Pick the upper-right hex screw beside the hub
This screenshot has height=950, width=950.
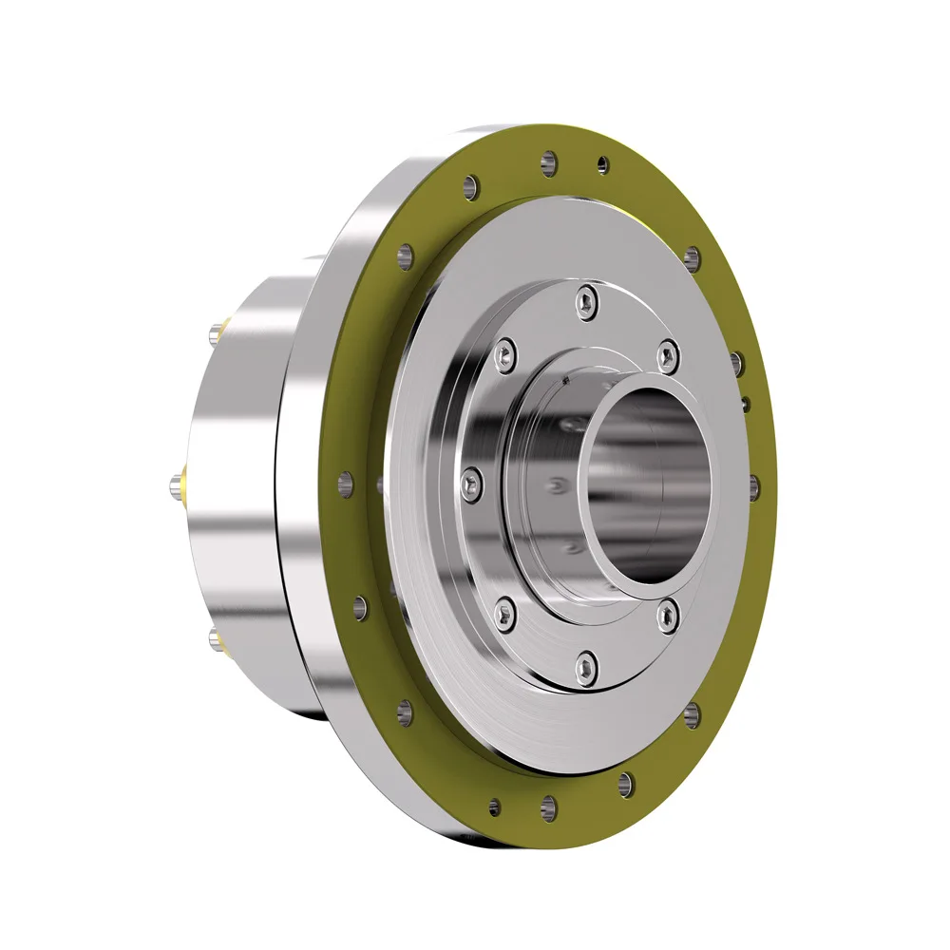tap(669, 356)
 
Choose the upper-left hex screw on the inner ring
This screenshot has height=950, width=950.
tap(504, 352)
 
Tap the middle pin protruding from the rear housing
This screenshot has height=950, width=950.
tap(178, 484)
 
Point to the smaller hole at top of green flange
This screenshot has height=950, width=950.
tap(602, 165)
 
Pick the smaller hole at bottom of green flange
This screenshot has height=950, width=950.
tap(494, 807)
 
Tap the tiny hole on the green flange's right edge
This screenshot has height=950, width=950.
tap(747, 404)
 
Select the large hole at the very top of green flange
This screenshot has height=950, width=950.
tap(548, 162)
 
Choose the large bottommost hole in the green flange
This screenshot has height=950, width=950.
tap(548, 808)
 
